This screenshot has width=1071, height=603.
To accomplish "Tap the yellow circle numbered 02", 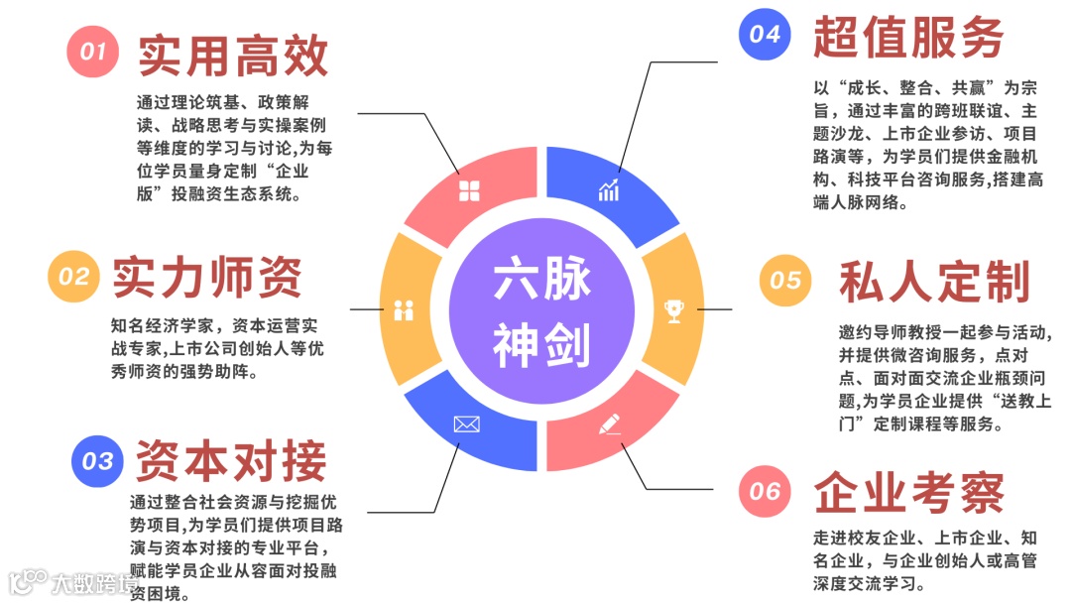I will click(73, 277).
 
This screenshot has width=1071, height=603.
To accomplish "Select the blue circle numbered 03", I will click(97, 461).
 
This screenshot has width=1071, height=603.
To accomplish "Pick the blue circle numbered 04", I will click(765, 35).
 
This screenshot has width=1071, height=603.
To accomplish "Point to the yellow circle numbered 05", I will click(785, 281).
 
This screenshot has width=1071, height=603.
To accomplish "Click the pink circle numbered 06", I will click(765, 491).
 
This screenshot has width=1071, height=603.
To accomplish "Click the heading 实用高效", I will click(233, 55).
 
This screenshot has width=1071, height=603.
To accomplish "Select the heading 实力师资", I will click(207, 278).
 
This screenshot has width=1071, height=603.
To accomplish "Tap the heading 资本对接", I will click(231, 461).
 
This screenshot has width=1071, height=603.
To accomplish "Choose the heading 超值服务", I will click(908, 38).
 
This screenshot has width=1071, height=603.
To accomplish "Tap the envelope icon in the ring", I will click(466, 424).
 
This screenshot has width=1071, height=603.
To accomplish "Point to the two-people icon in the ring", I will click(403, 309).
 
